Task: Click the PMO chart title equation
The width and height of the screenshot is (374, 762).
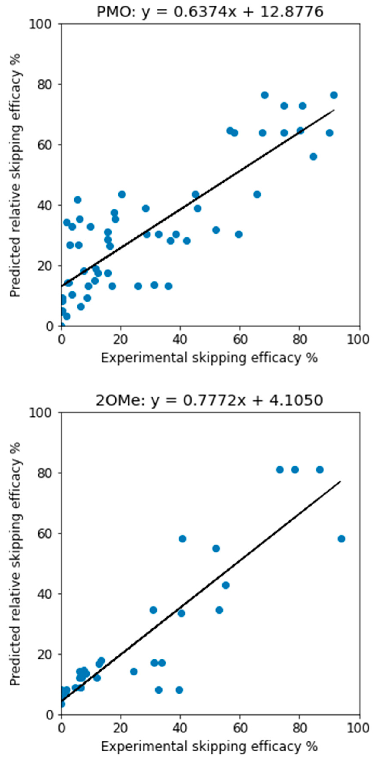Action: pyautogui.click(x=210, y=12)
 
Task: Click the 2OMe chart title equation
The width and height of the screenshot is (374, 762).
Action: pyautogui.click(x=209, y=400)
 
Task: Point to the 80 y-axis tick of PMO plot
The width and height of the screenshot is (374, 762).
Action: pyautogui.click(x=45, y=85)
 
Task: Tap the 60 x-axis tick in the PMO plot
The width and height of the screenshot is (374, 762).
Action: pyautogui.click(x=240, y=339)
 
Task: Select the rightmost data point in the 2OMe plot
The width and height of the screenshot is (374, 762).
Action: pyautogui.click(x=341, y=539)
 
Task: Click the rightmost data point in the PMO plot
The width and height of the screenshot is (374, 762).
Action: pyautogui.click(x=334, y=95)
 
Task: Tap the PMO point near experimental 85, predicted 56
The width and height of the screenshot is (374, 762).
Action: pyautogui.click(x=313, y=157)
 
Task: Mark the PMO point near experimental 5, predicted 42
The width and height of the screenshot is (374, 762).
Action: pyautogui.click(x=77, y=200)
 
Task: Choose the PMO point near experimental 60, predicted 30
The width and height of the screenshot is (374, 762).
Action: pyautogui.click(x=239, y=234)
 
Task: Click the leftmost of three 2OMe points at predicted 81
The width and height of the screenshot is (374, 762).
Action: pyautogui.click(x=280, y=470)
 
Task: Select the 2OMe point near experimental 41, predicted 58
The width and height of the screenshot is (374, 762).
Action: pyautogui.click(x=182, y=539)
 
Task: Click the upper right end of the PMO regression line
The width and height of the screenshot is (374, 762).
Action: pyautogui.click(x=334, y=110)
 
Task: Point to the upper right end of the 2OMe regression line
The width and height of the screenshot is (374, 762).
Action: pyautogui.click(x=340, y=482)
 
